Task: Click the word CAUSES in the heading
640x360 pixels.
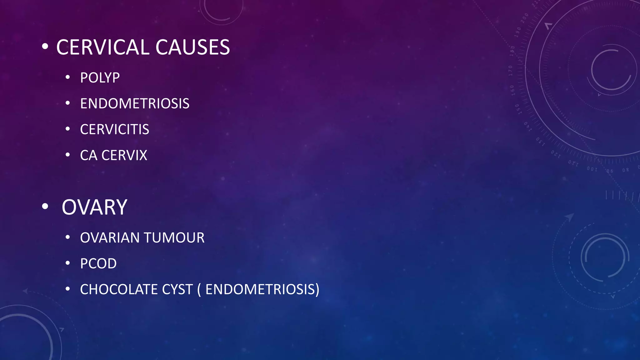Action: click(192, 47)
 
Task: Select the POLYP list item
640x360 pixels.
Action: click(100, 78)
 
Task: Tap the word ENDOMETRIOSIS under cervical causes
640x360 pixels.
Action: click(135, 104)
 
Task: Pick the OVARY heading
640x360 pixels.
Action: click(94, 207)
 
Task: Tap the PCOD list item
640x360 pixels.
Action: click(98, 264)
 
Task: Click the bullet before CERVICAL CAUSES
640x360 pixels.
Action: click(45, 47)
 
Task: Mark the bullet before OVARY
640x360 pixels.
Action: click(45, 207)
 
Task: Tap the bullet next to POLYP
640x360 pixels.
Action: click(67, 77)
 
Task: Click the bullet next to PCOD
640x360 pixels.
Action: click(67, 263)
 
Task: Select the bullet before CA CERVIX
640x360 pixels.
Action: click(67, 155)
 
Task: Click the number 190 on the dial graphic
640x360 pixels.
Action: click(518, 32)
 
